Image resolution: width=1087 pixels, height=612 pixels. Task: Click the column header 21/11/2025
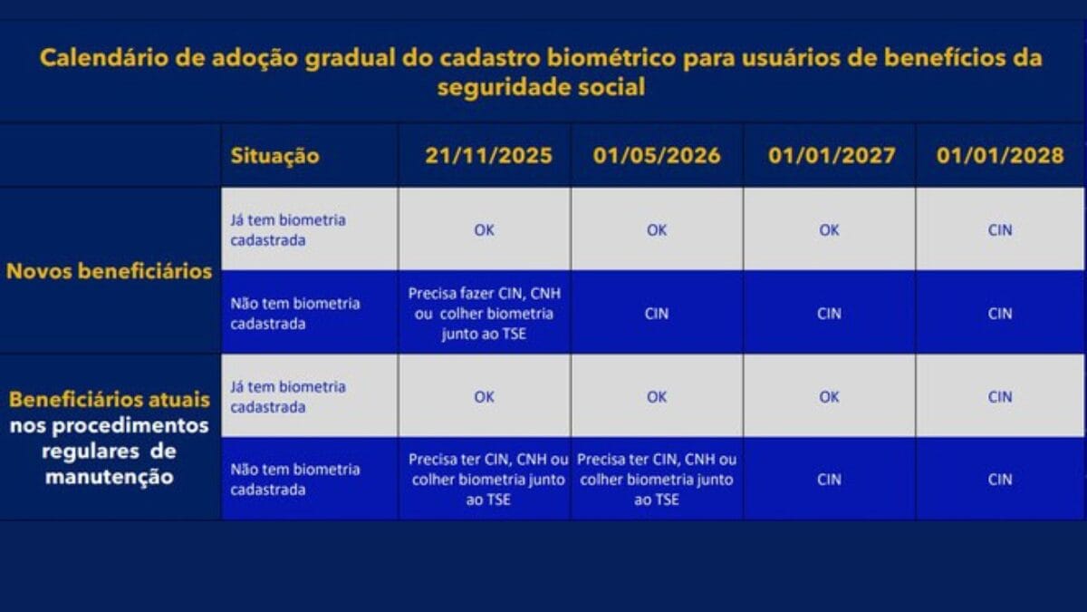click(x=488, y=155)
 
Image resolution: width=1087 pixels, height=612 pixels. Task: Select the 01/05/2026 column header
click(x=658, y=155)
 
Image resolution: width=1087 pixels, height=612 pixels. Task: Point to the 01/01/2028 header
click(x=1000, y=155)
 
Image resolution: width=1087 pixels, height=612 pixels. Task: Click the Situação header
click(x=274, y=156)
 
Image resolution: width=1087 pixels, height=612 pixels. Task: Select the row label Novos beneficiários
click(x=109, y=271)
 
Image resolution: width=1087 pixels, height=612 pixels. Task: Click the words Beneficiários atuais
click(x=109, y=400)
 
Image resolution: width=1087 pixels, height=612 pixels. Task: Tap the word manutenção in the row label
click(x=109, y=476)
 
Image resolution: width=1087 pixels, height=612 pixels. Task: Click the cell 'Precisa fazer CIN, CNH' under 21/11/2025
click(x=485, y=313)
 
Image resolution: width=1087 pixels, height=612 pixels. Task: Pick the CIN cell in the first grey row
click(x=1000, y=230)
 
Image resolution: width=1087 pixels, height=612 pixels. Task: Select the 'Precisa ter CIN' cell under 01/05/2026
click(x=657, y=480)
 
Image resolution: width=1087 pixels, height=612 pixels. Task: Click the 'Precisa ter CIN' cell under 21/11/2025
click(x=485, y=480)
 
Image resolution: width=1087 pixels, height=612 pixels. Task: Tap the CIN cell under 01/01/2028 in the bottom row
click(x=1000, y=480)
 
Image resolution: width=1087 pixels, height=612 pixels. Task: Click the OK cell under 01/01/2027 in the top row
click(x=830, y=230)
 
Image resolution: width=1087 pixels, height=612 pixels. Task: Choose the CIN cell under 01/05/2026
click(x=657, y=314)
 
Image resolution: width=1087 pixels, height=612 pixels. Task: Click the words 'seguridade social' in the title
click(x=541, y=89)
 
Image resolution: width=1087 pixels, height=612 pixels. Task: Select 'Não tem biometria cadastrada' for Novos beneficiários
click(x=294, y=314)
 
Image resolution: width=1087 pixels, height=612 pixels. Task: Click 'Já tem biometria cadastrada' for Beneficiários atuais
click(x=288, y=397)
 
